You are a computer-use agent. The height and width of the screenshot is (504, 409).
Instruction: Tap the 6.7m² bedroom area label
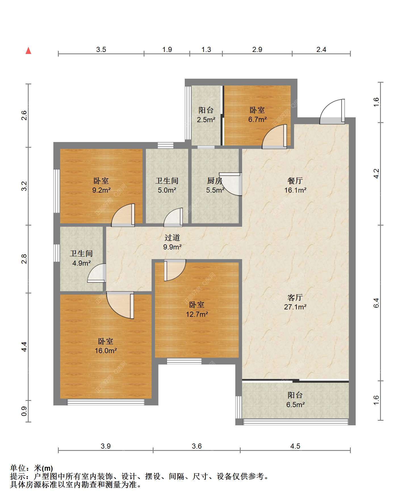[257, 120]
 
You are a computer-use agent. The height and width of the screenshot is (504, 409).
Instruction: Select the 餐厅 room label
[295, 181]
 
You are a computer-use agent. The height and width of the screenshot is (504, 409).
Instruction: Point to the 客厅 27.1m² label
[295, 302]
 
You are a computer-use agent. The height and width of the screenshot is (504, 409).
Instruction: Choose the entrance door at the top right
[332, 112]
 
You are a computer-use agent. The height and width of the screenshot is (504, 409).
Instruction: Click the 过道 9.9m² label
[172, 242]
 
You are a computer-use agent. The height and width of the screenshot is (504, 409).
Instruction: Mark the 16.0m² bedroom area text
[106, 351]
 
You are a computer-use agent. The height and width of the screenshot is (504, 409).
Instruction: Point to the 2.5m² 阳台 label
[206, 115]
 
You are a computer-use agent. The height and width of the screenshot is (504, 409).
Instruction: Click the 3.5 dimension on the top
[101, 50]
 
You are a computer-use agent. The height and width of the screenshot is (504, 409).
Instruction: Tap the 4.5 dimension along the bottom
[295, 446]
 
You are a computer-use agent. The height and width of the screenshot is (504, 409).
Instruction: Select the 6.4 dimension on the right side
[376, 303]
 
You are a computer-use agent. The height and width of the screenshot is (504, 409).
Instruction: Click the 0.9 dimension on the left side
[24, 411]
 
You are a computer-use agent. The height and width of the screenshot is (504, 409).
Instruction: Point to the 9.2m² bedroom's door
[123, 215]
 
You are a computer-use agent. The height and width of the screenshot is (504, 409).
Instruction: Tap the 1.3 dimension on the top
[206, 50]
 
